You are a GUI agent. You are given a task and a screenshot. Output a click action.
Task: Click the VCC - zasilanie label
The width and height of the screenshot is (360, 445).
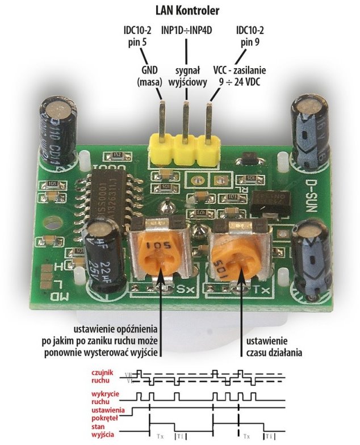[x=239, y=70]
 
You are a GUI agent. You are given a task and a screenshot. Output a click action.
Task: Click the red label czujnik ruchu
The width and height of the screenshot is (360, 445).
[x=104, y=376]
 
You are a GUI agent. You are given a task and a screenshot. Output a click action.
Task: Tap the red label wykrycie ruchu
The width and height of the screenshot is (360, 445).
[x=105, y=397]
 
